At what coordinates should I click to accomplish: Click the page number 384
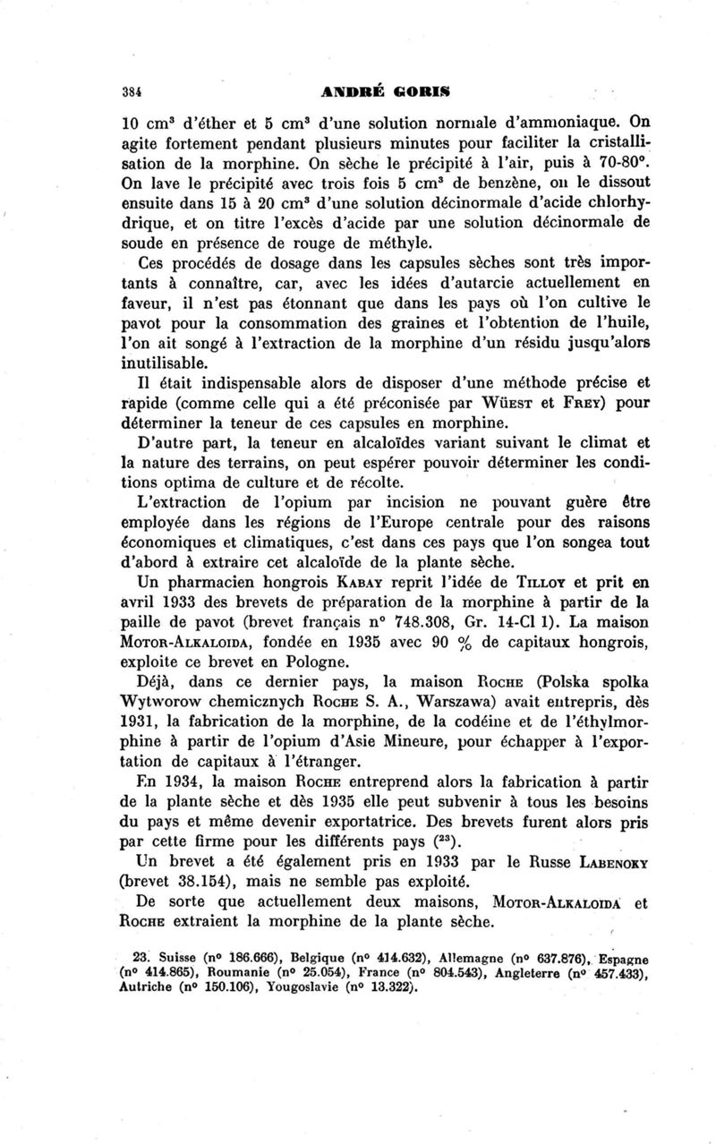pyautogui.click(x=134, y=90)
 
